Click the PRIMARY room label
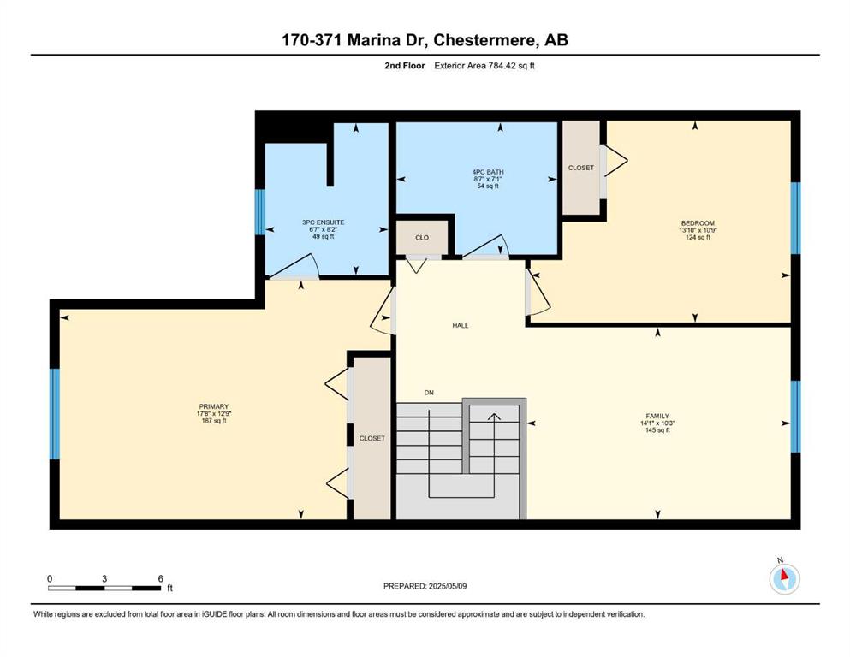pyautogui.click(x=214, y=406)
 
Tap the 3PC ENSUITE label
pyautogui.click(x=323, y=222)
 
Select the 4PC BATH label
pyautogui.click(x=488, y=172)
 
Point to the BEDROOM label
pyautogui.click(x=698, y=223)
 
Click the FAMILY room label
pyautogui.click(x=657, y=417)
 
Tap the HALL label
pyautogui.click(x=461, y=326)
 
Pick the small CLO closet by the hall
pyautogui.click(x=422, y=238)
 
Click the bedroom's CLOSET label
pyautogui.click(x=581, y=168)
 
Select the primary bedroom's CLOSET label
pyautogui.click(x=372, y=438)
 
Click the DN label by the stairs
pyautogui.click(x=429, y=393)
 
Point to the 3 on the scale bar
pyautogui.click(x=104, y=578)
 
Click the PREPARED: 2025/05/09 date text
pyautogui.click(x=425, y=586)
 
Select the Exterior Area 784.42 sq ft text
pyautogui.click(x=484, y=66)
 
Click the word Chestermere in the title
pyautogui.click(x=483, y=40)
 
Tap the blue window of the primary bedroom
pyautogui.click(x=54, y=414)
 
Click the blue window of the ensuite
pyautogui.click(x=260, y=212)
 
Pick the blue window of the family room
pyautogui.click(x=796, y=417)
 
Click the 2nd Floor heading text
pyautogui.click(x=405, y=66)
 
